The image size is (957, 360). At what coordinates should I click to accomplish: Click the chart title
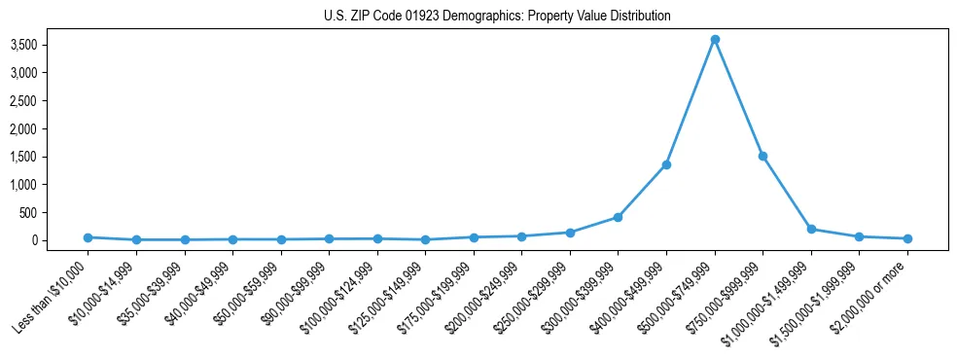click(497, 17)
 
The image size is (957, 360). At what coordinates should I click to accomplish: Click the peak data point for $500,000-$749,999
click(715, 39)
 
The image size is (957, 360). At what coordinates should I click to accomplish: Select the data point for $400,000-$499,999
click(666, 164)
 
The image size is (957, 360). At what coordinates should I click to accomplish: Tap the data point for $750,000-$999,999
click(762, 156)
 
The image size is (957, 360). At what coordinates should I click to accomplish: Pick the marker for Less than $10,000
click(88, 237)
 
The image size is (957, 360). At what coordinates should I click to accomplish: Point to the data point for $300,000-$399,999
click(618, 217)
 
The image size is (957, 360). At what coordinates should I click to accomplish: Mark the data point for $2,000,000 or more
click(907, 238)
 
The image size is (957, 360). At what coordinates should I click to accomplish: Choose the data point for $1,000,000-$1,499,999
click(811, 230)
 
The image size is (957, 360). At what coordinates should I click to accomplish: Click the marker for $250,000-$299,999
click(570, 233)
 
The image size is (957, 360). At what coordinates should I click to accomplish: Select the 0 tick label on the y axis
click(60, 240)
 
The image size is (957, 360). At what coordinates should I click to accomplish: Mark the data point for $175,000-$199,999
click(474, 237)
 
